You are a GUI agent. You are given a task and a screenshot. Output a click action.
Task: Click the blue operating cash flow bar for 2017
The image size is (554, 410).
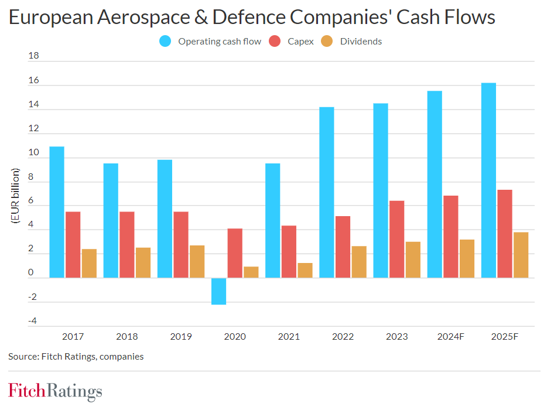(x=57, y=212)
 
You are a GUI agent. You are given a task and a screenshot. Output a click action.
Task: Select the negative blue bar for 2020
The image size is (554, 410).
(x=218, y=291)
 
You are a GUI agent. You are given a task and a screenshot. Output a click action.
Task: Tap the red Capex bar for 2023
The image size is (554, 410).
(x=396, y=239)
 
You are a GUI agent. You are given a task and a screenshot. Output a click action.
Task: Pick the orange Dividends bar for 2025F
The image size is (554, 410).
(x=521, y=255)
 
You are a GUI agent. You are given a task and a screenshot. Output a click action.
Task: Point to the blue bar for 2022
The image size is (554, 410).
(x=327, y=192)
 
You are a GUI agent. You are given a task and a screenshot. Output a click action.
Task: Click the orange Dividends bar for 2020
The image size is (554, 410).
(x=251, y=272)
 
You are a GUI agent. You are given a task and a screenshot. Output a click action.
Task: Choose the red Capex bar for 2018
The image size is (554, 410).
(x=127, y=244)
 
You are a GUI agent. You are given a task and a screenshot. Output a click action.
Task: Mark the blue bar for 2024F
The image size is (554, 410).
(x=435, y=184)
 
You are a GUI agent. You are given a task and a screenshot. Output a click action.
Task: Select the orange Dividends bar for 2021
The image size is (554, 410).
(x=305, y=270)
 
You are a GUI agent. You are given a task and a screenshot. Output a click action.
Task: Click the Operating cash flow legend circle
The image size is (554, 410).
(x=165, y=42)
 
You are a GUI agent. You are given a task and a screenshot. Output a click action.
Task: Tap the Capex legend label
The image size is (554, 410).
(x=300, y=42)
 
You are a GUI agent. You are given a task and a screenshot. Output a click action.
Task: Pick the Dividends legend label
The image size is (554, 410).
(x=361, y=42)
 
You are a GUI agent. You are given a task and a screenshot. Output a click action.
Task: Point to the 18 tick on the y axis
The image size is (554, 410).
(x=33, y=57)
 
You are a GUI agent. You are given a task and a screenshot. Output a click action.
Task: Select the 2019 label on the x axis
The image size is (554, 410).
(x=181, y=337)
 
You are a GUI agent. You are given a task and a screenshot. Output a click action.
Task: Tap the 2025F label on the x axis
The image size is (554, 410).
(x=504, y=337)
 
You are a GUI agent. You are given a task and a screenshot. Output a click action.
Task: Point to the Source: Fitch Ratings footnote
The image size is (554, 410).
(x=76, y=356)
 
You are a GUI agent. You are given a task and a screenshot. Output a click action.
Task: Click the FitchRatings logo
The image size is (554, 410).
(x=55, y=391)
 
